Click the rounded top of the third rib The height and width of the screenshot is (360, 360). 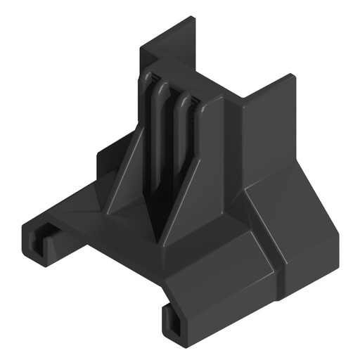tap(184, 101)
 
